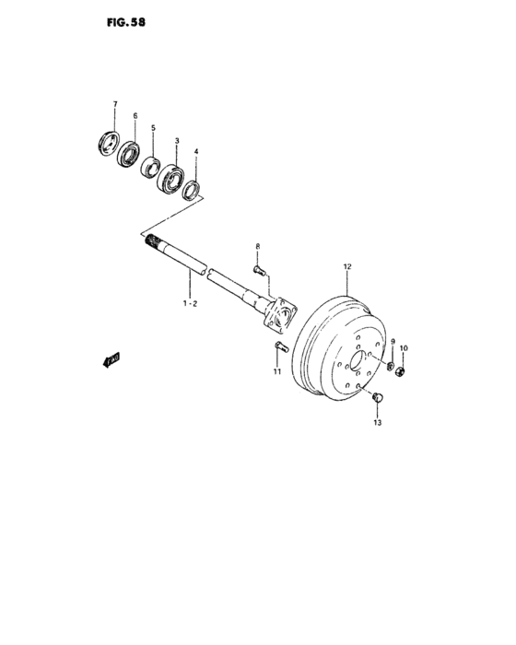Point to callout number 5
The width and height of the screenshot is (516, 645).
153,128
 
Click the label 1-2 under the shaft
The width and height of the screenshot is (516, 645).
189,301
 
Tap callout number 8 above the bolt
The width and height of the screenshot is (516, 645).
258,246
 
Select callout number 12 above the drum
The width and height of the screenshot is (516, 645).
347,268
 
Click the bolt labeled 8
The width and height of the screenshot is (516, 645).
258,270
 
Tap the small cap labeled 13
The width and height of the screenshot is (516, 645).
376,397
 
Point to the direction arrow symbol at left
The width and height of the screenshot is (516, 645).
111,359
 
